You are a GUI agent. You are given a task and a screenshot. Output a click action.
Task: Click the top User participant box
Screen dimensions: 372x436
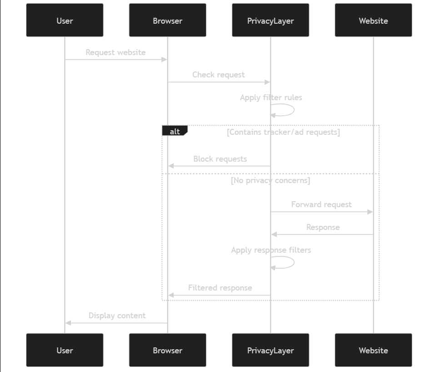point(65,20)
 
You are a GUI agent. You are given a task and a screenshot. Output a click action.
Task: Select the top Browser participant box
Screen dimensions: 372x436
point(167,20)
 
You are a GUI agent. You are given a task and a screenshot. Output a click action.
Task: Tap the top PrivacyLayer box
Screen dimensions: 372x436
point(271,20)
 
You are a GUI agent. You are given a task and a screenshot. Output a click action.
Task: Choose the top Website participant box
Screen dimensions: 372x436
point(373,20)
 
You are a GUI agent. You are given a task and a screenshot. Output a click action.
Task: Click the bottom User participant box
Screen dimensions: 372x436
point(65,350)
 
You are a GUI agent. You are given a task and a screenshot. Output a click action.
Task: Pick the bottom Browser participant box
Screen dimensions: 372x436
point(167,350)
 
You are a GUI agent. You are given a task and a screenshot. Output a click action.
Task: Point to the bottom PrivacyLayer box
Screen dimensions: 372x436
point(271,350)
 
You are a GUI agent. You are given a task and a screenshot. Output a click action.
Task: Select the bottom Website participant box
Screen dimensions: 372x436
point(373,350)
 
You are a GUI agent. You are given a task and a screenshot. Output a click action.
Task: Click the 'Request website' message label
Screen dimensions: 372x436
point(115,52)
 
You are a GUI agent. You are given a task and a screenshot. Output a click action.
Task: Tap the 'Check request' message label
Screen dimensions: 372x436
point(218,75)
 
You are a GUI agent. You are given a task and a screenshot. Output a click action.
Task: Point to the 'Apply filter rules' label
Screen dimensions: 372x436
point(271,97)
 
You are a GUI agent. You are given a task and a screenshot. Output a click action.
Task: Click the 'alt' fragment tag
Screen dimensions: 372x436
point(175,132)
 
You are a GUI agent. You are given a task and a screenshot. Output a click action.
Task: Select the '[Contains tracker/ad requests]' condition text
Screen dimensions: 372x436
point(283,132)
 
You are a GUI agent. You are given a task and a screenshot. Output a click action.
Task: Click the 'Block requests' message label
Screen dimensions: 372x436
point(220,159)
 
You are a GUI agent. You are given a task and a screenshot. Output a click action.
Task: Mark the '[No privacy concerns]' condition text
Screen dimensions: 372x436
point(271,180)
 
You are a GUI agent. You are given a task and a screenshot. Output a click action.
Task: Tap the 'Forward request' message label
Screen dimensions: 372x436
point(321,204)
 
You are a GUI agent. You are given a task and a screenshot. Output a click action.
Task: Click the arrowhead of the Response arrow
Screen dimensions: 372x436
point(274,234)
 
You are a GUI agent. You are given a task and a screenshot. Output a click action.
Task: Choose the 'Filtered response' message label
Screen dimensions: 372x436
point(220,288)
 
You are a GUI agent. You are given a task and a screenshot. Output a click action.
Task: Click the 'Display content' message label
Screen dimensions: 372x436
point(117,316)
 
